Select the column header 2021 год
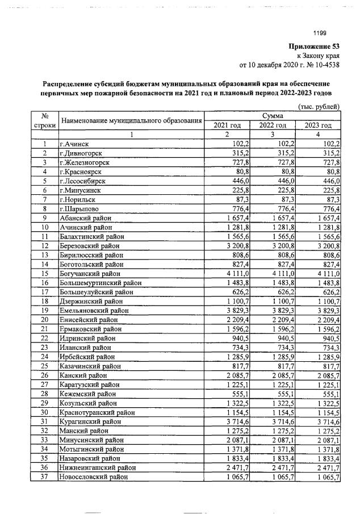coord(227,125)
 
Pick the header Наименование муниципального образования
coord(131,120)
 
